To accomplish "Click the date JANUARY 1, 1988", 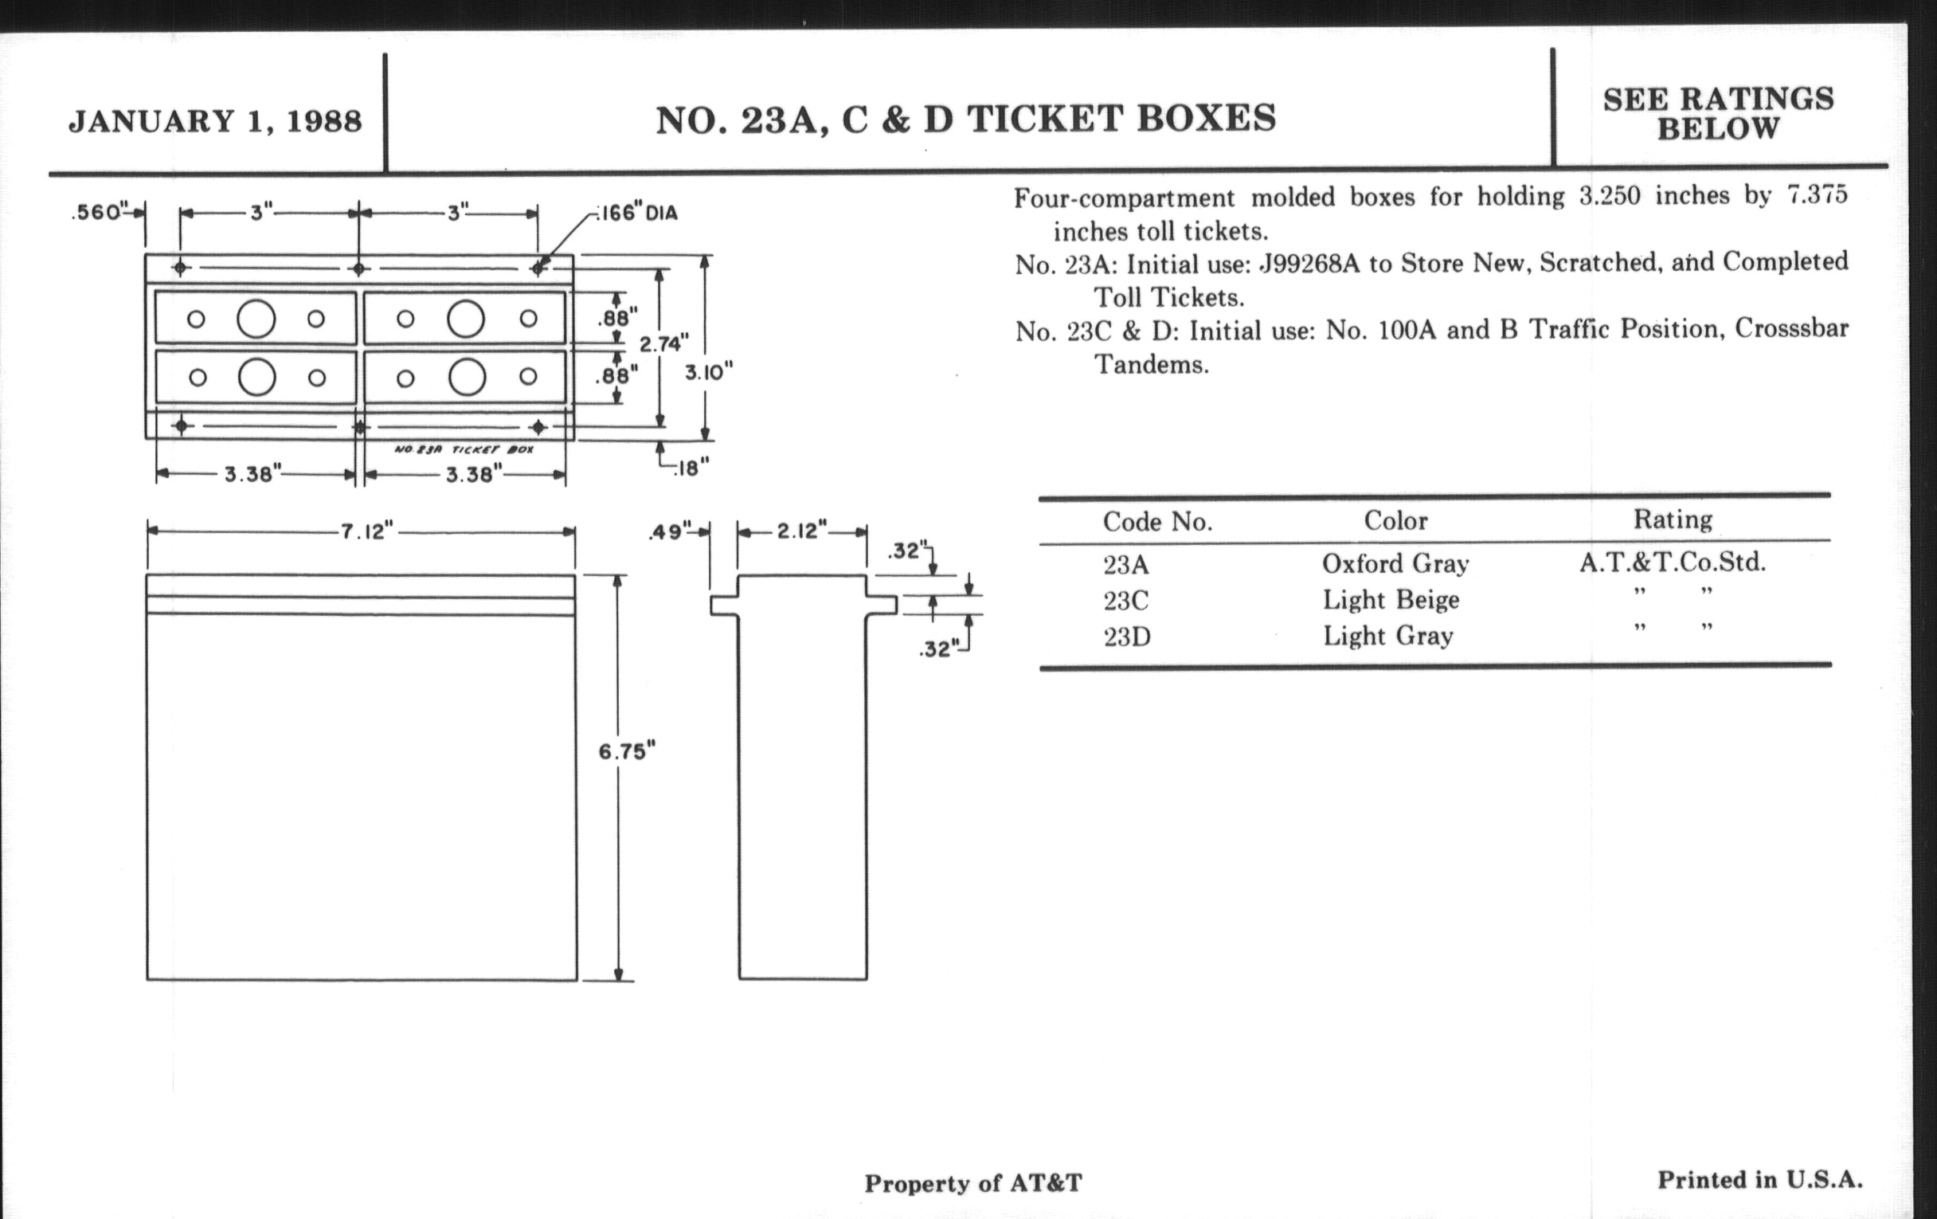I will click(215, 121).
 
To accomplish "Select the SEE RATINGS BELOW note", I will click(1718, 113).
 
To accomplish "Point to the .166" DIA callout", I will click(636, 214).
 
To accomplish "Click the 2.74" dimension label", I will click(663, 344).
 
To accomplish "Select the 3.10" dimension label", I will click(709, 373).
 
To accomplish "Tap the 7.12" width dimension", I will click(367, 531).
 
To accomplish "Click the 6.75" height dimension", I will click(627, 751).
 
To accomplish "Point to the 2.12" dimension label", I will click(801, 531).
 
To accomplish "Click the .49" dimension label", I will click(670, 532).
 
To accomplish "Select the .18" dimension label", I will click(693, 468).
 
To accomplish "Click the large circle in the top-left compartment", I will click(256, 319).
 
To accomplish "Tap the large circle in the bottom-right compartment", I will click(467, 378).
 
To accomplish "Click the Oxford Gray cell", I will click(1395, 563).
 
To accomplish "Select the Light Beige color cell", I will click(1391, 599).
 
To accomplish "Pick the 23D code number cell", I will click(1126, 637).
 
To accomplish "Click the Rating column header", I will click(1673, 519).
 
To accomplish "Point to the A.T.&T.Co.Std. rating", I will click(1673, 562).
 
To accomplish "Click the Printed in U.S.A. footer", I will click(1760, 1180).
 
